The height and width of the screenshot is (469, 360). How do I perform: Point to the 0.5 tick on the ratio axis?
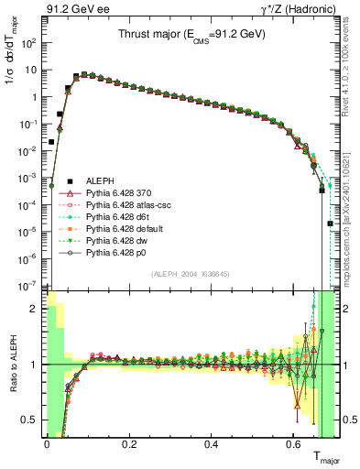(32, 420)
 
